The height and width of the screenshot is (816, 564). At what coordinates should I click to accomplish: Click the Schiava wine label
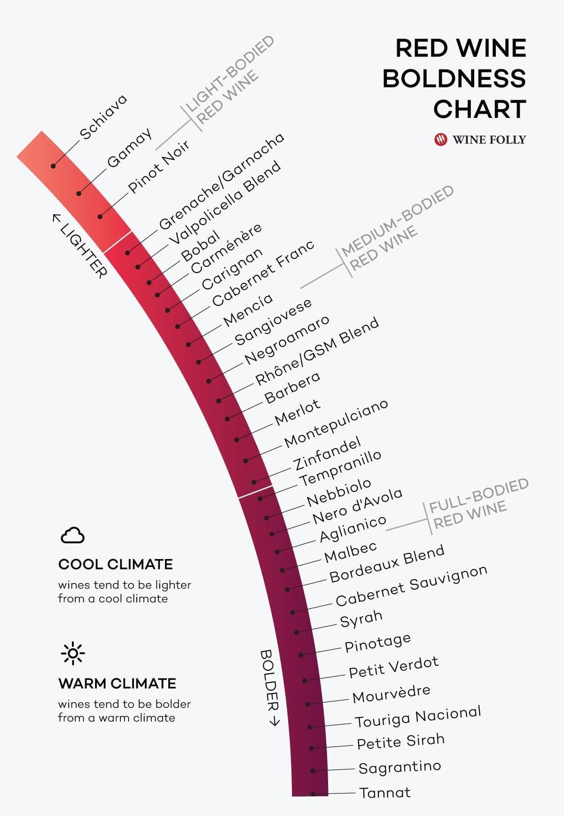pos(103,117)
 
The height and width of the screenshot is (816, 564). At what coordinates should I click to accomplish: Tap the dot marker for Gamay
pos(79,194)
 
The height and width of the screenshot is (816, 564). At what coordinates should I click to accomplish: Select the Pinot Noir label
pos(158,166)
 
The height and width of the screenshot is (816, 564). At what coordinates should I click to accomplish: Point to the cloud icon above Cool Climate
pos(72,535)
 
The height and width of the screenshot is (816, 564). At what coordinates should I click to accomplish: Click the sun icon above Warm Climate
pos(73,653)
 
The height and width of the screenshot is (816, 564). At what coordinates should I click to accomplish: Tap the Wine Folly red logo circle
pos(441,140)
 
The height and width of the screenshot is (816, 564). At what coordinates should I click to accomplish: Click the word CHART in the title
pos(479,109)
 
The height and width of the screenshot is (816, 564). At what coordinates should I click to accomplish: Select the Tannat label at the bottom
pos(385,793)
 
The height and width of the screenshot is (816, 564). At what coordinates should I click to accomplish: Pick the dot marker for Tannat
pos(313,793)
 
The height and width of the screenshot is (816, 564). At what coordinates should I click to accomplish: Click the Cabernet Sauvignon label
pos(411,586)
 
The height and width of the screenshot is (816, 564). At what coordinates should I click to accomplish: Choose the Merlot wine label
pos(298,412)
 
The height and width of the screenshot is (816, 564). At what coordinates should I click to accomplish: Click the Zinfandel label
pos(328,453)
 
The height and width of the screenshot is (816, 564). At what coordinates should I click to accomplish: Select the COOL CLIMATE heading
pos(116,564)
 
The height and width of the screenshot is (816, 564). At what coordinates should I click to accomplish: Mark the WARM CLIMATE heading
pos(117,684)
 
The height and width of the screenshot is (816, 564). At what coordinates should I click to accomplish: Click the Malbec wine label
pos(351,552)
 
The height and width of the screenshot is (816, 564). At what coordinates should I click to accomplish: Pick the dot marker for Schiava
pos(54,166)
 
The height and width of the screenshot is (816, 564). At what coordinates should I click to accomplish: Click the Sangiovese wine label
pos(273,322)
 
